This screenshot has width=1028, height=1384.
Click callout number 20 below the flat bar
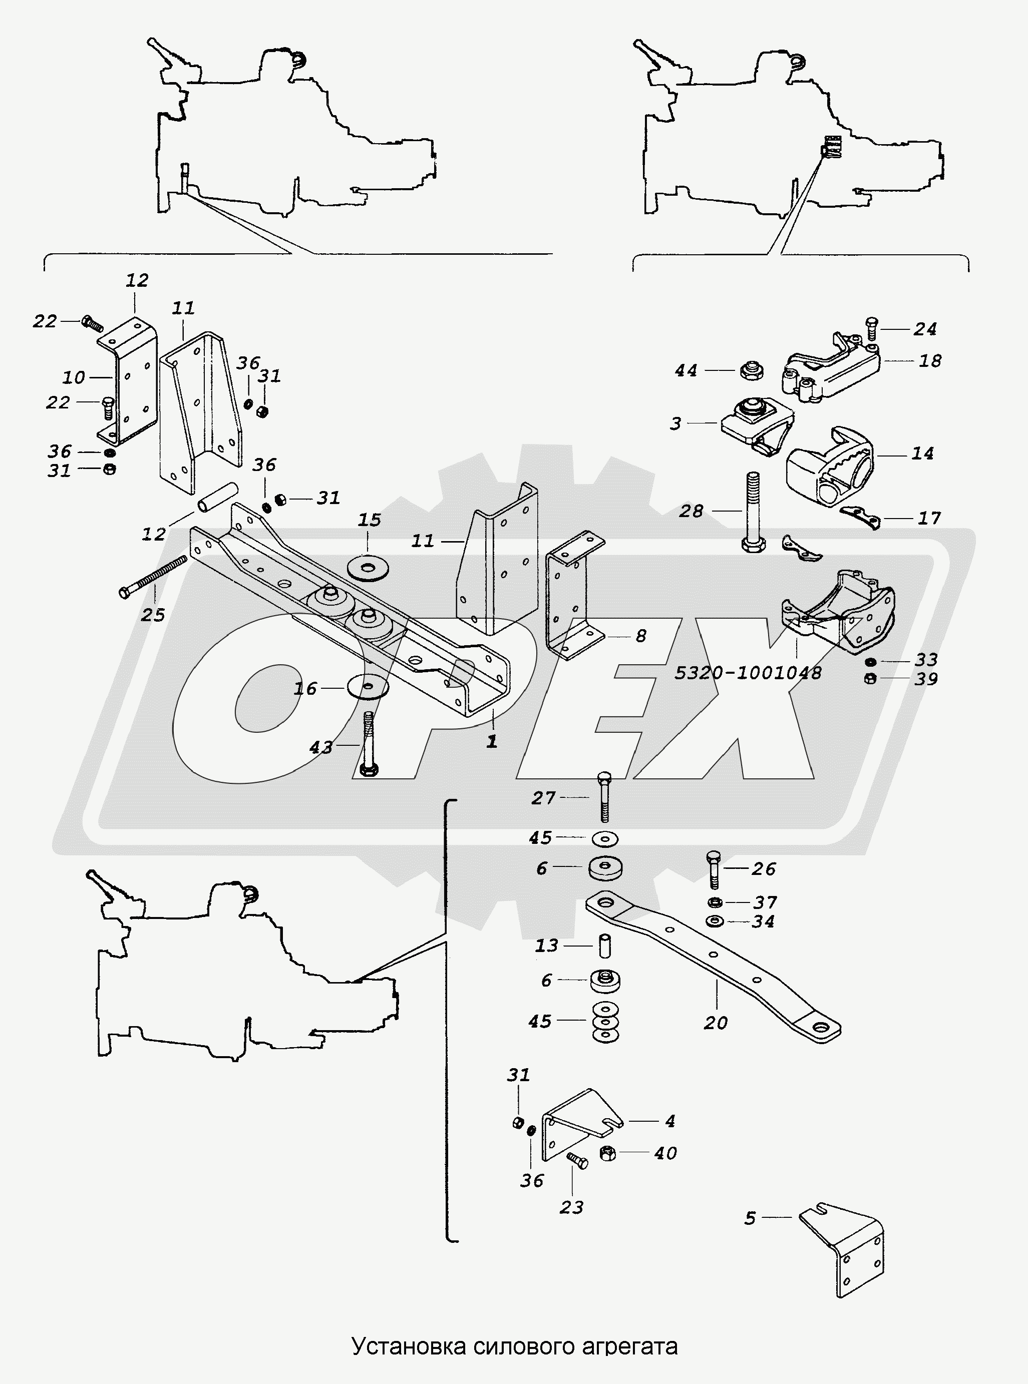point(716,1022)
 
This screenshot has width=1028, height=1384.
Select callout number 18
point(930,361)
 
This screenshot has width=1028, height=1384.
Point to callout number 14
point(922,453)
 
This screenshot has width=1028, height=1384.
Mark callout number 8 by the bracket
point(640,636)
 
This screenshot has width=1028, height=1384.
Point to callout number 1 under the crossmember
point(492,741)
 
